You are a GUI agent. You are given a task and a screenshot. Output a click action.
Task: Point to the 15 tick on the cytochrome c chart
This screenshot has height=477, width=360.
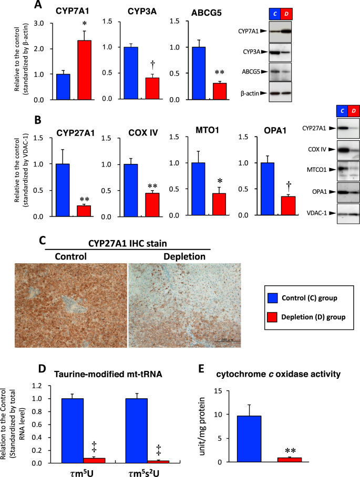click(218, 390)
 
